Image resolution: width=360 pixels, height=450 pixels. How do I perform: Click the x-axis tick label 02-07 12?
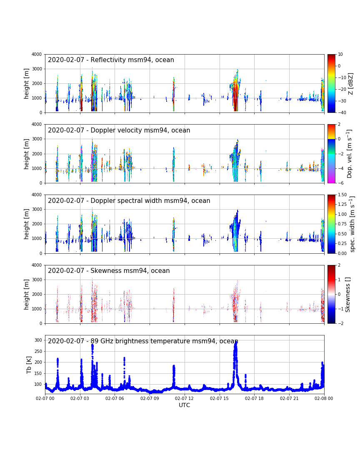pos(184,398)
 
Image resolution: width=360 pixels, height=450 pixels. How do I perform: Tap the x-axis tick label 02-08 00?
pos(324,398)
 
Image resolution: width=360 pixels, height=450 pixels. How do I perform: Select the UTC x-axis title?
pos(184,405)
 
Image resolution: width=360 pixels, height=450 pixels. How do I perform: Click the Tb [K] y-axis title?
pos(29,365)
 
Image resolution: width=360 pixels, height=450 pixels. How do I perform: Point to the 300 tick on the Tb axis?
pos(38,340)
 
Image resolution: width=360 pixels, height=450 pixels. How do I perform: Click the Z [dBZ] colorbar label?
pos(350,83)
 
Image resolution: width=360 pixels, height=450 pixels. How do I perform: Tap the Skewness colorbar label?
pos(347,295)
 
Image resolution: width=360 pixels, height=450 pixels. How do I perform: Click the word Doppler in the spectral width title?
pos(102,200)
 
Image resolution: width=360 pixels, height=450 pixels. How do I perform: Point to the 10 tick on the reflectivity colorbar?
pos(340,54)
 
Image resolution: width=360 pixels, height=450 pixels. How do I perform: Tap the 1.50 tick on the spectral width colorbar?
pos(342,195)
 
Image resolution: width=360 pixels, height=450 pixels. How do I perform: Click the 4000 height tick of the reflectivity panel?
pos(37,54)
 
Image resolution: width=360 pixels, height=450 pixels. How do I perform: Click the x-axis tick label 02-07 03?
pos(80,398)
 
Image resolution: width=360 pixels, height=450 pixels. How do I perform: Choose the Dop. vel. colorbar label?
pos(350,154)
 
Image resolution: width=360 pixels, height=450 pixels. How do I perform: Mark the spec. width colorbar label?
pos(352,224)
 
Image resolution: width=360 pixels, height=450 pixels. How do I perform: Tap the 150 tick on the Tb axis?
pos(38,373)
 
